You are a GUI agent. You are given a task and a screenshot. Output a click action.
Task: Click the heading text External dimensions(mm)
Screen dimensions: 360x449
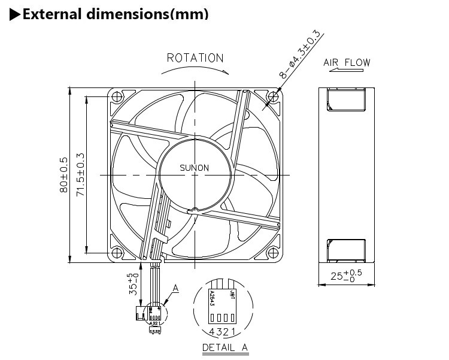pos(115,13)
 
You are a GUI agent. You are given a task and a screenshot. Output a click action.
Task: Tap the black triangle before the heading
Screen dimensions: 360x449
pos(15,14)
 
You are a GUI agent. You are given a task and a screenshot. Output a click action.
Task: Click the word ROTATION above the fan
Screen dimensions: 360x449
pos(195,58)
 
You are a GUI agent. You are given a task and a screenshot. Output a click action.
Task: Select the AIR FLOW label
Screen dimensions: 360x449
pos(347,62)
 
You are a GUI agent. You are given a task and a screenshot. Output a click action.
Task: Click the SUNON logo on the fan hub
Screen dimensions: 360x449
pos(195,168)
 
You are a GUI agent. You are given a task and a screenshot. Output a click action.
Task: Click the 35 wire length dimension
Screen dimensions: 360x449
pos(133,282)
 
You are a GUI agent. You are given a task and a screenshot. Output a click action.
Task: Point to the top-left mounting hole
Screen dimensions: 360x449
pos(117,96)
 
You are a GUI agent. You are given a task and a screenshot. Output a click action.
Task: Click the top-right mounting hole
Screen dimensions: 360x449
pos(274,96)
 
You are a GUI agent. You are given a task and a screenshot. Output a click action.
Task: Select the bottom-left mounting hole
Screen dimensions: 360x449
pos(117,253)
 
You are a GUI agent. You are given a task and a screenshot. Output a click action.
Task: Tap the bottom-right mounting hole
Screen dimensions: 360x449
pos(274,253)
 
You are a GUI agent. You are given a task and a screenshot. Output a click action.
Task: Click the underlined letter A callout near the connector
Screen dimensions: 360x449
pos(175,289)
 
